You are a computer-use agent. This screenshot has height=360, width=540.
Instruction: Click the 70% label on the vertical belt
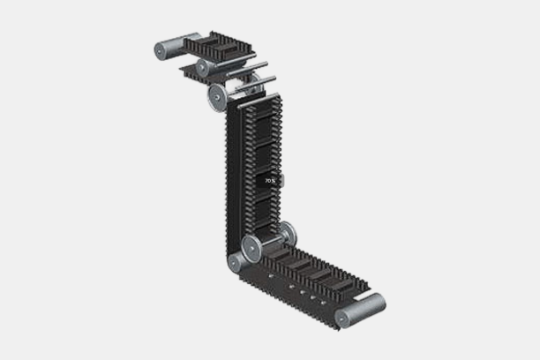coord(270,180)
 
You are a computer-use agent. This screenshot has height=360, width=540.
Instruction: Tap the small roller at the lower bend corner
coord(236,262)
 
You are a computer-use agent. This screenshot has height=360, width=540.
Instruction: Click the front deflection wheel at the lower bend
coord(251,247)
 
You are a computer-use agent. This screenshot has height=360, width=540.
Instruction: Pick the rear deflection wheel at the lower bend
coord(287,234)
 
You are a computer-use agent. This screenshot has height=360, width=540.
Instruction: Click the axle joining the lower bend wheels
coord(269,240)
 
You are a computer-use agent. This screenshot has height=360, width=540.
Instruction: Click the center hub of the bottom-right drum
coord(342,318)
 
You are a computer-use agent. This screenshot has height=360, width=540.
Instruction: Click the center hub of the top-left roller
coord(161,50)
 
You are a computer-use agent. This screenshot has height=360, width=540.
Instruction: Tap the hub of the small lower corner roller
coord(235,263)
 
